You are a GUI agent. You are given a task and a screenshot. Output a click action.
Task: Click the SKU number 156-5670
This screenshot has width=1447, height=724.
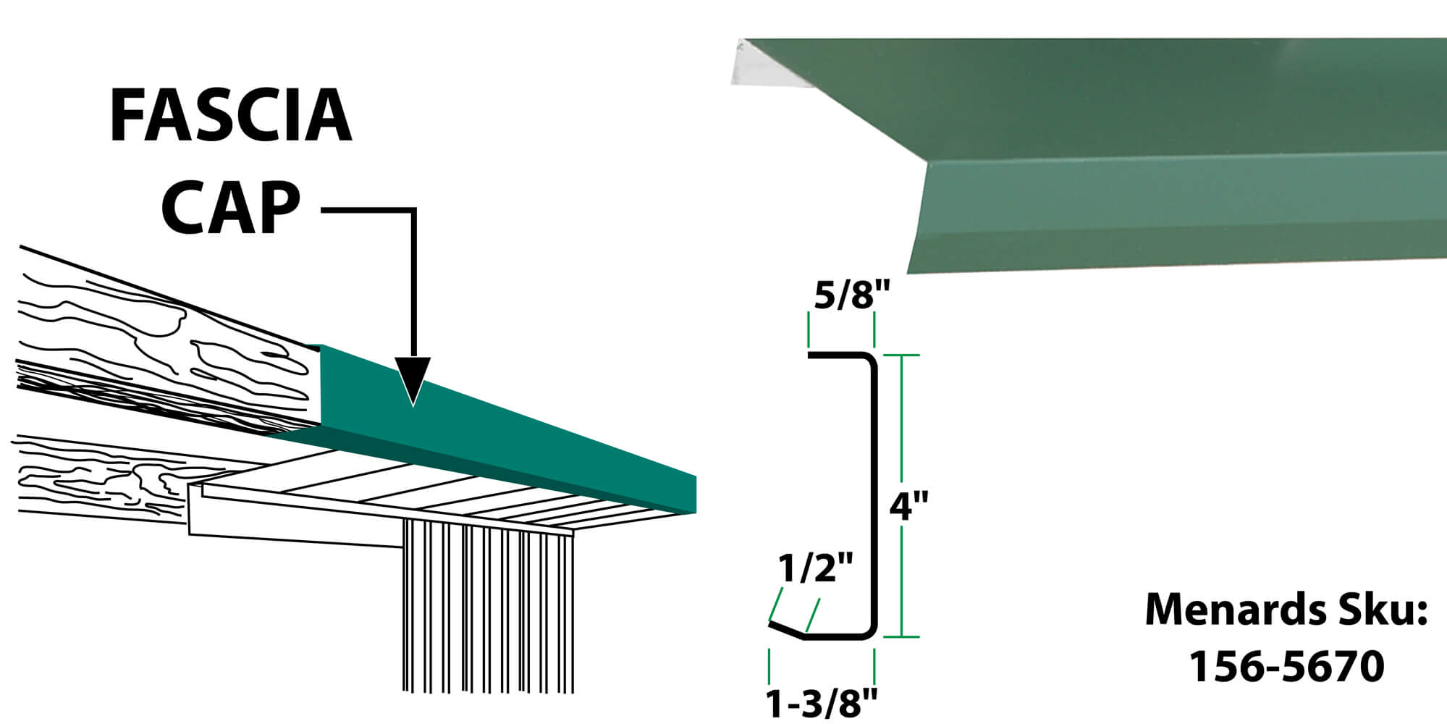click(1286, 665)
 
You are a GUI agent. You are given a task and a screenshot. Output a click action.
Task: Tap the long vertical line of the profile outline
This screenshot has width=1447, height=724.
click(874, 496)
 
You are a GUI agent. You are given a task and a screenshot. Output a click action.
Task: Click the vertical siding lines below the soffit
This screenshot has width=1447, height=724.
click(488, 608)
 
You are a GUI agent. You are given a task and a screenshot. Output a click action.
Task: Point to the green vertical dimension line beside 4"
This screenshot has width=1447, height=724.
click(901, 496)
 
